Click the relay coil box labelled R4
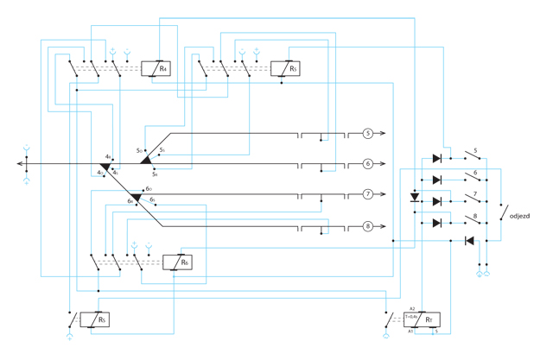(x=156, y=69)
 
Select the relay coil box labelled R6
(x=177, y=262)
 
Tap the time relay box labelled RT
(x=424, y=319)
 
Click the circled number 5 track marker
(x=367, y=134)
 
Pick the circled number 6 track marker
(x=367, y=163)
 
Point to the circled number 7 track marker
(x=367, y=194)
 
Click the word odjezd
(x=523, y=216)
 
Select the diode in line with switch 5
(x=436, y=159)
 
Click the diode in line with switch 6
(x=436, y=180)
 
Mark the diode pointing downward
(x=414, y=197)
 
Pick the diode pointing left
(x=469, y=240)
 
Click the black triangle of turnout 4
(x=105, y=166)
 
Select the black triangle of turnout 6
(x=136, y=199)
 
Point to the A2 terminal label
(x=413, y=309)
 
